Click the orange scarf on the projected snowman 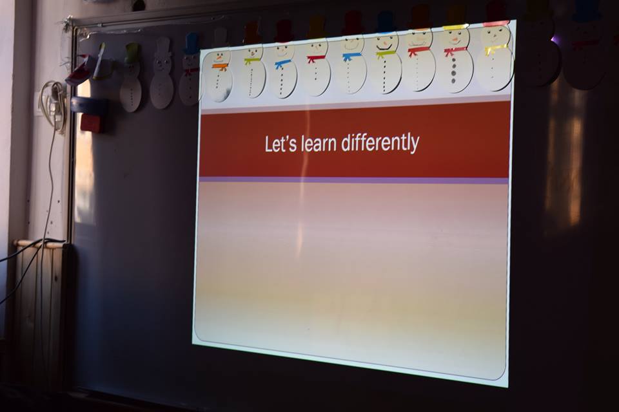click(221, 66)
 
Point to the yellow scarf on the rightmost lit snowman click(495, 50)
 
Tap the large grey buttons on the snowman click(453, 71)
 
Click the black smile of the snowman click(384, 47)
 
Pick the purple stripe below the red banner click(354, 180)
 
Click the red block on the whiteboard click(92, 122)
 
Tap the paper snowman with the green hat click(132, 77)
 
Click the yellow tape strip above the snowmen click(455, 27)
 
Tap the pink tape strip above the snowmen click(496, 24)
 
